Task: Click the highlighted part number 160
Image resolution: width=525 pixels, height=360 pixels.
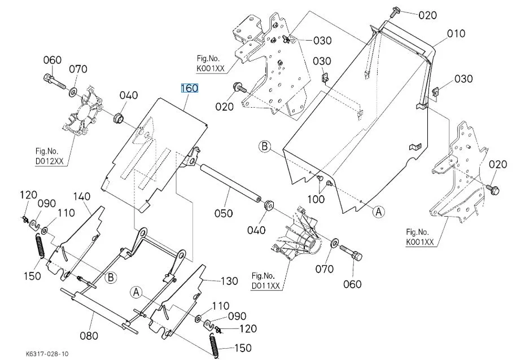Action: tap(189, 89)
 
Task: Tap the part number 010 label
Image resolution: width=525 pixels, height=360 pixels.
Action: tap(456, 33)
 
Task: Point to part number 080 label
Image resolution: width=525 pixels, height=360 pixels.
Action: tap(89, 336)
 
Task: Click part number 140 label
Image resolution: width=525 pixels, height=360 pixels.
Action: tap(82, 196)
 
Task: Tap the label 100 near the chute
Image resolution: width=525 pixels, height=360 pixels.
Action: tap(316, 199)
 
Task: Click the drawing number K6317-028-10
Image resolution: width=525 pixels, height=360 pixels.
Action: tap(47, 354)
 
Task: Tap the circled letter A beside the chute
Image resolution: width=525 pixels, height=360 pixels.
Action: tap(378, 211)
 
